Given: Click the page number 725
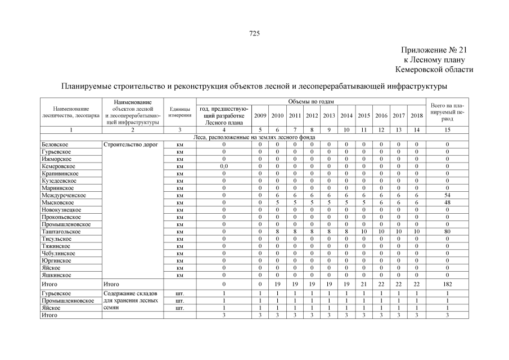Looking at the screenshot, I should (254, 34).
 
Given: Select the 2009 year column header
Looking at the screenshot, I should (260, 115).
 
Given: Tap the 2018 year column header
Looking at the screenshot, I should (416, 115).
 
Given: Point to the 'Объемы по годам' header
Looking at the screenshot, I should (311, 101).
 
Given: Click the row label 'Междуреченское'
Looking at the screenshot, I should (64, 195).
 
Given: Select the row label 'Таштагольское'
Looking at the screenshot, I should (61, 232).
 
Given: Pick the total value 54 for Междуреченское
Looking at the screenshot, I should (447, 195).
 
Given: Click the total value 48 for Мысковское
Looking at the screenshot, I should (447, 202).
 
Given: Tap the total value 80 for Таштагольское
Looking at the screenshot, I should (447, 232).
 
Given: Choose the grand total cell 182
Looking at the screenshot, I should (447, 285).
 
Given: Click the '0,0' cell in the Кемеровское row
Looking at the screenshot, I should (223, 166).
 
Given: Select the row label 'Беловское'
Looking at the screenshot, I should (55, 145).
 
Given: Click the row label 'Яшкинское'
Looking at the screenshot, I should (56, 276).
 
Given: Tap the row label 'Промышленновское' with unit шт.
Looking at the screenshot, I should (68, 301).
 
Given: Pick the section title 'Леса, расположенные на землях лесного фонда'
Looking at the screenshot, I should (254, 137).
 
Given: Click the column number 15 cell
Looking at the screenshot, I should (447, 130).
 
